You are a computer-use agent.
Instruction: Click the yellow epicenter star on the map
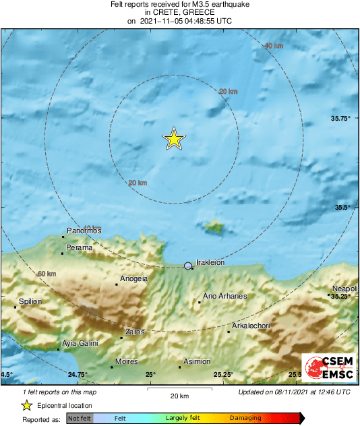[173, 139]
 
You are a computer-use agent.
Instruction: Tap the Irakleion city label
[210, 263]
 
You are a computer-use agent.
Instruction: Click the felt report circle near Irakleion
[188, 267]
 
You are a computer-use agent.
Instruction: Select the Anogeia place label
[133, 278]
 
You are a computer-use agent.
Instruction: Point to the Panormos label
[84, 231]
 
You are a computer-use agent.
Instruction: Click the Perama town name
[80, 247]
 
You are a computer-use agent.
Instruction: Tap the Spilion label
[30, 301]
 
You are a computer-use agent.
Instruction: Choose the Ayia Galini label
[80, 344]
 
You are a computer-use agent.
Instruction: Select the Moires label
[127, 362]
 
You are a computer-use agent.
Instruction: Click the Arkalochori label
[251, 326]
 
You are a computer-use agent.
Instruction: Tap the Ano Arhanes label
[225, 296]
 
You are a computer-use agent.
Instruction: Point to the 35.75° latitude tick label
[341, 119]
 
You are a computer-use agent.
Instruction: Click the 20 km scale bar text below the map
[179, 396]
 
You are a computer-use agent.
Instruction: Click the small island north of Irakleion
[214, 227]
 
